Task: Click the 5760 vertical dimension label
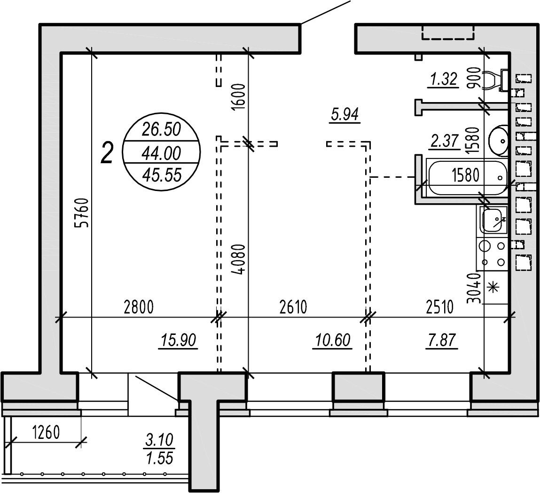[83, 213]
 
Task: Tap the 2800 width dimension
[139, 307]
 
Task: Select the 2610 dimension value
[293, 307]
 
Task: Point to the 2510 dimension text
[440, 307]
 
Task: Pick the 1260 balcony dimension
[46, 432]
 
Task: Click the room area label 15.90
[179, 340]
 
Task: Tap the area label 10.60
[333, 340]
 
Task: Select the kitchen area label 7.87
[441, 340]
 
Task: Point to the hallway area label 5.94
[345, 114]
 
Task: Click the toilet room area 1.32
[444, 80]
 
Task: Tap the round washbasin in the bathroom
[498, 141]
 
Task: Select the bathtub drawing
[467, 176]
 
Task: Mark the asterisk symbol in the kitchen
[494, 287]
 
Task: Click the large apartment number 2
[107, 153]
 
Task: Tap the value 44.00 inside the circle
[162, 153]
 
